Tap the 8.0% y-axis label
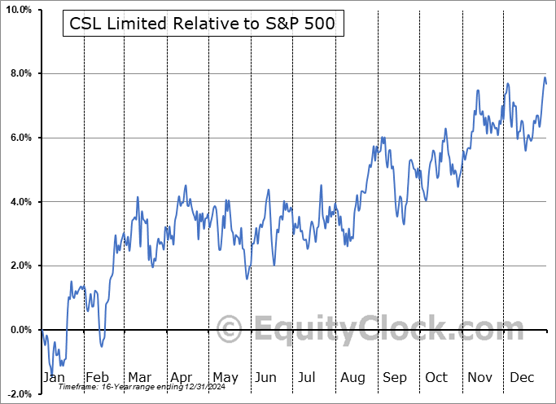point(19,73)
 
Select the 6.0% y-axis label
point(19,138)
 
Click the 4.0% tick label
point(19,201)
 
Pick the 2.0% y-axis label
point(19,266)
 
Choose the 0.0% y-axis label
point(19,330)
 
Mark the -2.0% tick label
point(17,393)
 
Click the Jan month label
point(53,378)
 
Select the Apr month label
point(181,378)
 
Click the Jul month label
point(308,378)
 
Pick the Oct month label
point(436,378)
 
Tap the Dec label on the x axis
point(521,378)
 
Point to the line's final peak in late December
point(545,77)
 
